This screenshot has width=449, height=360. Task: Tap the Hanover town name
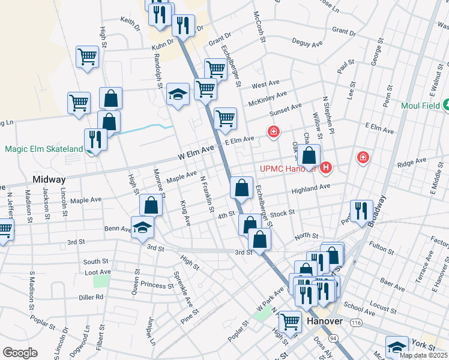[x=324, y=321]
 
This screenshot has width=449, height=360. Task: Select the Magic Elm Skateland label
[x=44, y=149]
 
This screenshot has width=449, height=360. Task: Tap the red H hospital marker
[x=326, y=167]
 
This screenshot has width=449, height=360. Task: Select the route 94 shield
[x=333, y=339]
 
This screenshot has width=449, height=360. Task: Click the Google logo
[x=20, y=353]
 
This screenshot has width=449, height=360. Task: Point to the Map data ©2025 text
[x=423, y=355]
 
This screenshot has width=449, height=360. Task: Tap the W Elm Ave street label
[x=196, y=152]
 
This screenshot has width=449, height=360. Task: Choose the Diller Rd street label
[x=91, y=296]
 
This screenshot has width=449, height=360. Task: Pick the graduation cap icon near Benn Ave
[x=142, y=227]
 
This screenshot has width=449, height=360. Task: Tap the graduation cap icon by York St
[x=397, y=347]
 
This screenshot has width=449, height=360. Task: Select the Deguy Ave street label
[x=307, y=43]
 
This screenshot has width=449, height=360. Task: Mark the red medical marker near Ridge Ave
[x=363, y=158]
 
